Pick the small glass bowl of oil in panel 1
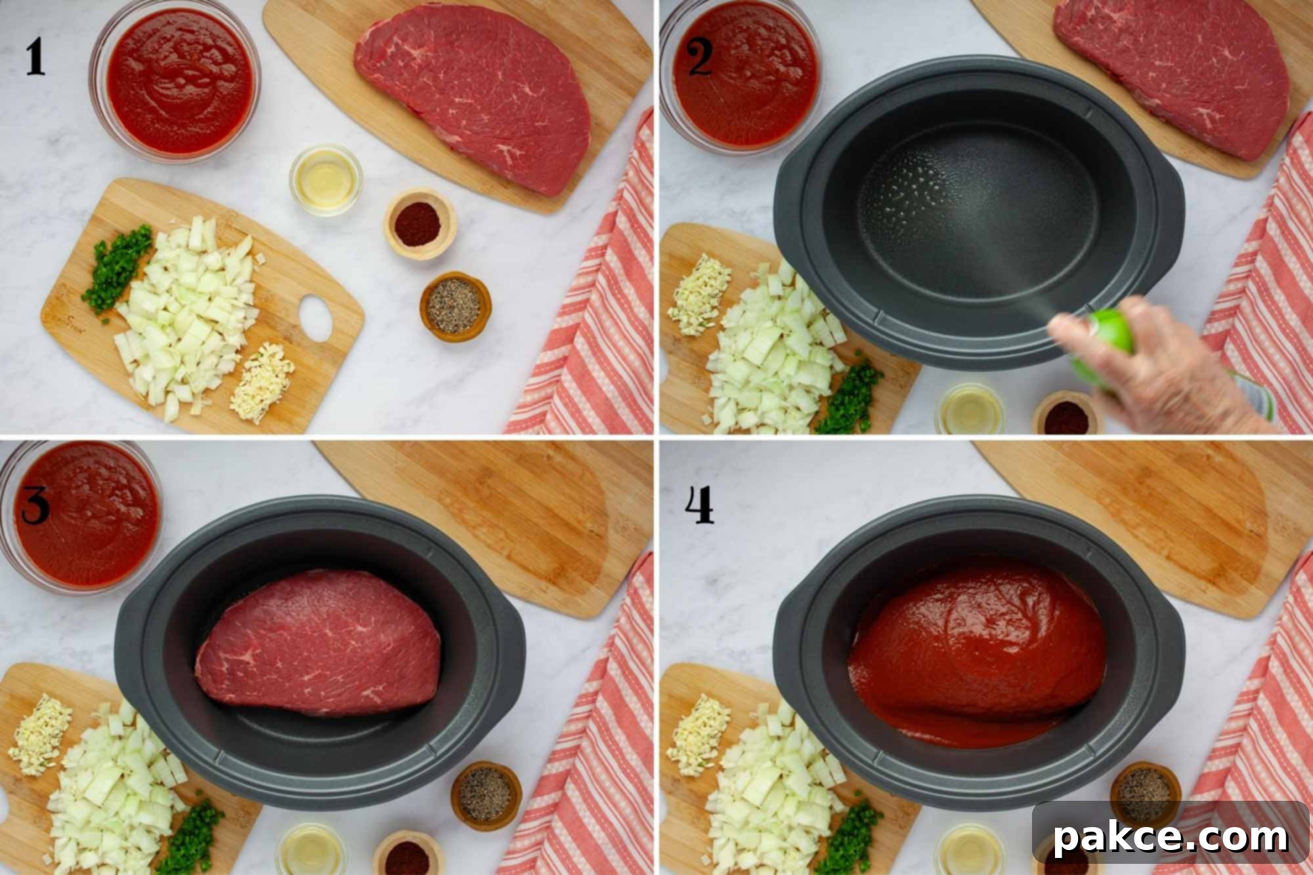[x=326, y=178]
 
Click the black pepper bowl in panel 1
[x=456, y=306]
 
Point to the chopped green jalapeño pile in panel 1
[x=117, y=270]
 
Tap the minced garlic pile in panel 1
[x=262, y=381]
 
